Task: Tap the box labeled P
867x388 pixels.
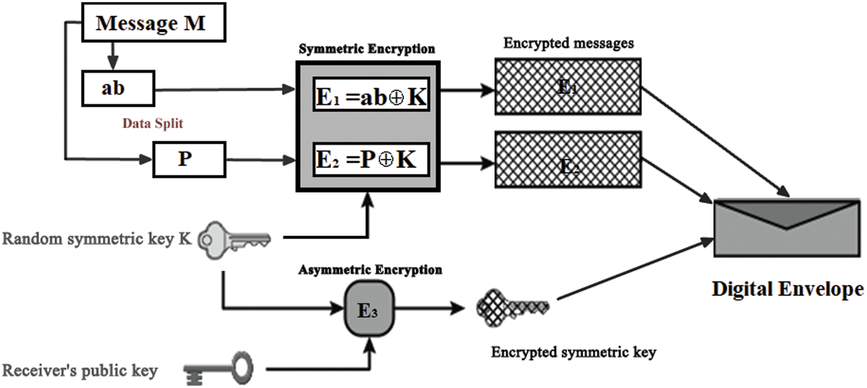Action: [184, 159]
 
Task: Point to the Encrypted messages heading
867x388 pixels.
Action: [568, 43]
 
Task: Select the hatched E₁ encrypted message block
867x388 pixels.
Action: [568, 86]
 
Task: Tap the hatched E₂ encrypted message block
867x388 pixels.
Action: [568, 159]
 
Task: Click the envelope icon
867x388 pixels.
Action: [787, 227]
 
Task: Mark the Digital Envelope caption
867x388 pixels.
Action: [787, 289]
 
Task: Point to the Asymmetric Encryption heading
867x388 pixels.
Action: [370, 270]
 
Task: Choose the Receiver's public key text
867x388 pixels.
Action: [80, 370]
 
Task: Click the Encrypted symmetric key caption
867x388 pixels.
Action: [573, 352]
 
